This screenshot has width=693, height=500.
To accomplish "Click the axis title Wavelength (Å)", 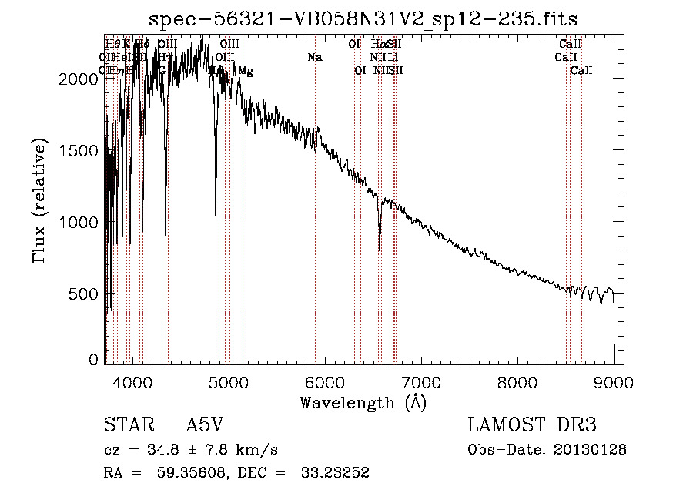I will pyautogui.click(x=363, y=402).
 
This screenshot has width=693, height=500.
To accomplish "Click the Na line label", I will pyautogui.click(x=314, y=58).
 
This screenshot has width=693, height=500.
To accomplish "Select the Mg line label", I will pyautogui.click(x=246, y=71).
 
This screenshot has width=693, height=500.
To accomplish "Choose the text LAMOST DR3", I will pyautogui.click(x=532, y=426).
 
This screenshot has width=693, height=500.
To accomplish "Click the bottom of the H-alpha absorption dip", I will pyautogui.click(x=380, y=249).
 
